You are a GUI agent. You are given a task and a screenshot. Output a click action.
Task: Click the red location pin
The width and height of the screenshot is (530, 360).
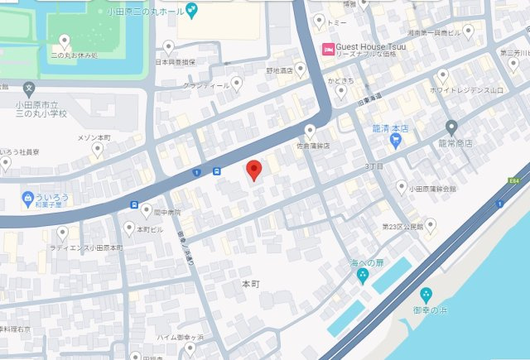pos(255,170)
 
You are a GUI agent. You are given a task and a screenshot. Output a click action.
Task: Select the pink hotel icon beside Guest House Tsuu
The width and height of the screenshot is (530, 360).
pos(328,47)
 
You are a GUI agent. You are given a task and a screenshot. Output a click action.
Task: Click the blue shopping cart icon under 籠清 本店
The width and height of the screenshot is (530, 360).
pos(396,141)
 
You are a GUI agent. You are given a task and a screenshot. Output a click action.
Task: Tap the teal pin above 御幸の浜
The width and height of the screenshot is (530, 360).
pos(426,295)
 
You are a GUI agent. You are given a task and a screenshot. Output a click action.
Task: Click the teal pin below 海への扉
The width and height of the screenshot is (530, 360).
pos(363,278)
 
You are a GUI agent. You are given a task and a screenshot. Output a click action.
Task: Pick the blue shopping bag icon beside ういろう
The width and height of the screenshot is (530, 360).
pos(27,199)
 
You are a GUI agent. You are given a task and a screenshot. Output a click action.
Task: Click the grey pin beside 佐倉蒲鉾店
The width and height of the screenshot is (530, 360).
pos(311,131)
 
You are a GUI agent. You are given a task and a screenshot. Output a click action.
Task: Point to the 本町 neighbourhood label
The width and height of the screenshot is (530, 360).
pos(251,283)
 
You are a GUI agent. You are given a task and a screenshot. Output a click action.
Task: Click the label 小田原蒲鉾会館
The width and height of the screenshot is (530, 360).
pos(431,189)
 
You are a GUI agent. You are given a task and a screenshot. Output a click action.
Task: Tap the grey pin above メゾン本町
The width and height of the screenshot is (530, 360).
pos(97,150)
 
